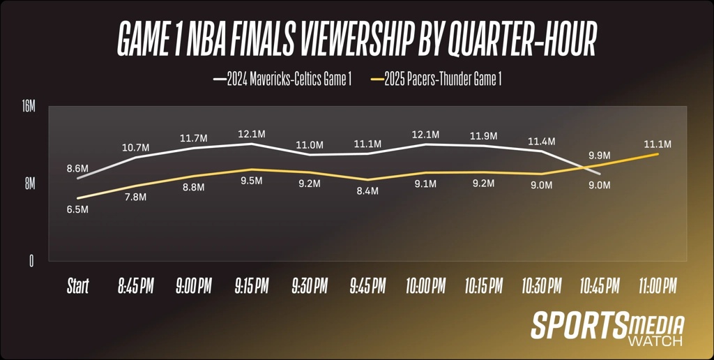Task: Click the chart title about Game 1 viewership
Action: [357, 40]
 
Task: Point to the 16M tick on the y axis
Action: [28, 107]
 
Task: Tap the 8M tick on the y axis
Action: [30, 183]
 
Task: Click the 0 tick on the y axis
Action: [31, 261]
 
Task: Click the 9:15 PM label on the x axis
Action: [252, 286]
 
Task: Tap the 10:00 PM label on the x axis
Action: [425, 286]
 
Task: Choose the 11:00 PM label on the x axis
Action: [657, 286]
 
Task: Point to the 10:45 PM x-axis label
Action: [599, 286]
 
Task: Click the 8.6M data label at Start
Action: [77, 168]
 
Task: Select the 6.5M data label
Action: [77, 210]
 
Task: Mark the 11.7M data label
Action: [193, 138]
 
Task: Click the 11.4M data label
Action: [541, 142]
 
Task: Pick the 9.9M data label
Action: [599, 155]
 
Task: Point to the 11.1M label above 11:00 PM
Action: [657, 144]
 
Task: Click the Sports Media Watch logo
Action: [607, 328]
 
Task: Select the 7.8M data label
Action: [135, 197]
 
